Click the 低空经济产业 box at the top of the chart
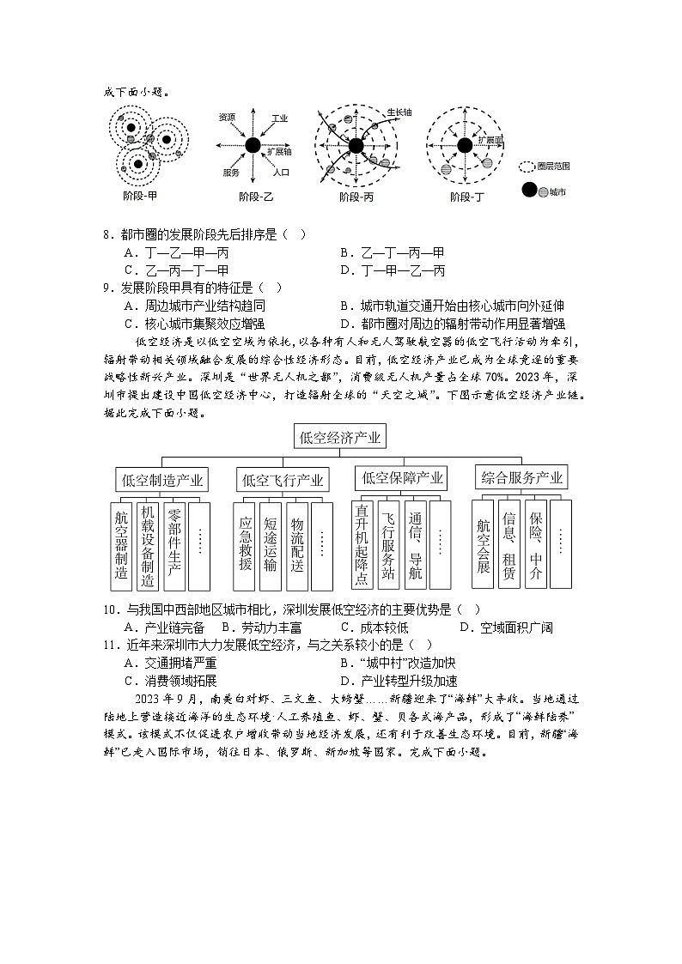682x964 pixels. [x=340, y=438]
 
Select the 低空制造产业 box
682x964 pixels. [x=163, y=480]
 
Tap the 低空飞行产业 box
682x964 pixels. [x=283, y=480]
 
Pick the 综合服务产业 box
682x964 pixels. [x=522, y=477]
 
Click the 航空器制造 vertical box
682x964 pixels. [x=121, y=546]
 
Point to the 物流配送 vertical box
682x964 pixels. [x=297, y=546]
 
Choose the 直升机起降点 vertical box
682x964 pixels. [x=362, y=545]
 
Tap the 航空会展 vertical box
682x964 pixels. [x=483, y=544]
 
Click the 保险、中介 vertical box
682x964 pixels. [x=535, y=544]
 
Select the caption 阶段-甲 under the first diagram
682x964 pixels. [x=139, y=197]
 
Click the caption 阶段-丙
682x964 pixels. [x=356, y=197]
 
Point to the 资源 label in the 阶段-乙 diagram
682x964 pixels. [x=227, y=117]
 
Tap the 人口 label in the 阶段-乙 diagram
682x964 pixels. [x=280, y=173]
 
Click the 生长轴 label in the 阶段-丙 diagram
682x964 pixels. [x=399, y=112]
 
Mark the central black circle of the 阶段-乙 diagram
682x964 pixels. [x=253, y=145]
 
